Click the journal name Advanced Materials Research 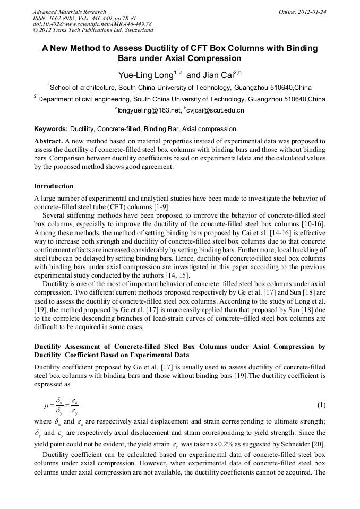69,12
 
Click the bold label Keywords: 51,129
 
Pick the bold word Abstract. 48,142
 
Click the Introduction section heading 54,186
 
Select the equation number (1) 321,405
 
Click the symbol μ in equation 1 46,406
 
